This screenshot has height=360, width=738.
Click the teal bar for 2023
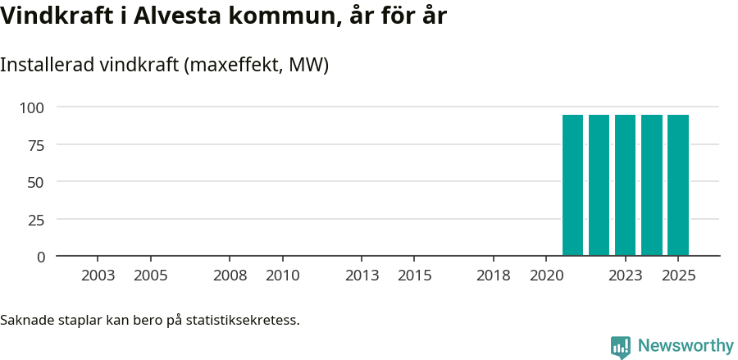tap(625, 185)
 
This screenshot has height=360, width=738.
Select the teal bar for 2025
tap(677, 185)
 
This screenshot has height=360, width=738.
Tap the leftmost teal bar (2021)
tap(572, 185)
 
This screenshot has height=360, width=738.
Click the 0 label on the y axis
tap(40, 257)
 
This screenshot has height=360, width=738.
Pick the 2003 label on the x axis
tap(98, 276)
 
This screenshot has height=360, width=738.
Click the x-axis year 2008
tap(230, 276)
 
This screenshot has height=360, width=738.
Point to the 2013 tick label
tap(362, 276)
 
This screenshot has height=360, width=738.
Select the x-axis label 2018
tap(494, 276)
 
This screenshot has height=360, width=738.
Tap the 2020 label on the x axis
tap(547, 276)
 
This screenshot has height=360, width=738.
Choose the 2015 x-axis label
tap(415, 276)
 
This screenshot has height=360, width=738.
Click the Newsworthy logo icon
tap(621, 347)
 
